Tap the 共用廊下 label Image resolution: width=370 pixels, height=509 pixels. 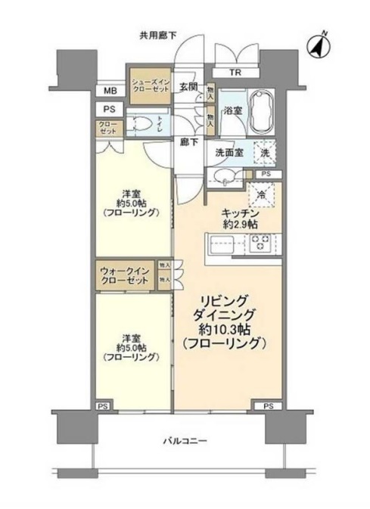pyautogui.click(x=157, y=34)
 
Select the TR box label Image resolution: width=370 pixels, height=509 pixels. pyautogui.click(x=237, y=73)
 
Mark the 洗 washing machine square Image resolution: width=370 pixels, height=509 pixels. pyautogui.click(x=264, y=152)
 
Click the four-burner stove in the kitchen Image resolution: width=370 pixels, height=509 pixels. pyautogui.click(x=261, y=244)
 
